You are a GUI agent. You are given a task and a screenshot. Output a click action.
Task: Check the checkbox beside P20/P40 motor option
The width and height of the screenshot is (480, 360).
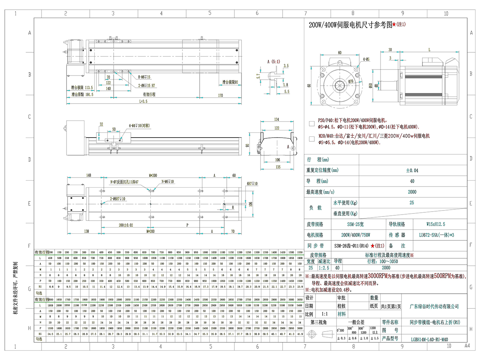(x=312, y=123)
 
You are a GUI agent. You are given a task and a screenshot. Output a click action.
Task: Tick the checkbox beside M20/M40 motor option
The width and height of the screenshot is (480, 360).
(x=312, y=139)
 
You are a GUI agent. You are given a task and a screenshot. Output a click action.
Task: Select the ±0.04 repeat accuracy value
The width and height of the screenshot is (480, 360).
(x=412, y=170)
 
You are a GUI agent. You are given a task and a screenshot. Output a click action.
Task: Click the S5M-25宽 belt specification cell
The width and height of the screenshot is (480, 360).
(x=355, y=224)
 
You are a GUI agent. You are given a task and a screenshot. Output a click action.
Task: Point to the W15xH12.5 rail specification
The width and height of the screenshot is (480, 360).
(x=436, y=224)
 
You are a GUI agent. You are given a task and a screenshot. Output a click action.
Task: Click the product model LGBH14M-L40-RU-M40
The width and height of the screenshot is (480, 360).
(x=429, y=339)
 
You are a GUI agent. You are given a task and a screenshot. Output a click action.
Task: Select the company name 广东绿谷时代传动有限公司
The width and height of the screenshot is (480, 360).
(x=434, y=307)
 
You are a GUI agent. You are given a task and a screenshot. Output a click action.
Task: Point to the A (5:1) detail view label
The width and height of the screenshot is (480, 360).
(x=273, y=62)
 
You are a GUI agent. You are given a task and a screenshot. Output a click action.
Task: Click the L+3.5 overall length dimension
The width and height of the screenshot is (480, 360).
(x=144, y=101)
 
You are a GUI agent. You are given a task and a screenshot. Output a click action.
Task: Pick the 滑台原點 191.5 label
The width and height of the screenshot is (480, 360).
(x=82, y=95)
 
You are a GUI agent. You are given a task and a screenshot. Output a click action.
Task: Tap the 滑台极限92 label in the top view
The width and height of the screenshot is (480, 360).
(x=230, y=82)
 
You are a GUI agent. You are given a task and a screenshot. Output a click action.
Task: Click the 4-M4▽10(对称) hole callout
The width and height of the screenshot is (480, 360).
(x=139, y=126)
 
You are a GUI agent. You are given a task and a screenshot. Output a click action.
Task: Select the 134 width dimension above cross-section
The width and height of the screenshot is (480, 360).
(x=277, y=120)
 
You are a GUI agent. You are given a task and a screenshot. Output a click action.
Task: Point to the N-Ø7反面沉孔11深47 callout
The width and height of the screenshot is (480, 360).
(x=124, y=182)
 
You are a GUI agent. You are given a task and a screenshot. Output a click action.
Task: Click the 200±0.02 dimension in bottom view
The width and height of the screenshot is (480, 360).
(x=126, y=225)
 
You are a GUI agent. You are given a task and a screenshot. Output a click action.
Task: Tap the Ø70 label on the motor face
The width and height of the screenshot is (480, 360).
(x=351, y=81)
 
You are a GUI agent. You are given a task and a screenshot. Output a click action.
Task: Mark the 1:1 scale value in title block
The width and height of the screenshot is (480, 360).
(x=324, y=314)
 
